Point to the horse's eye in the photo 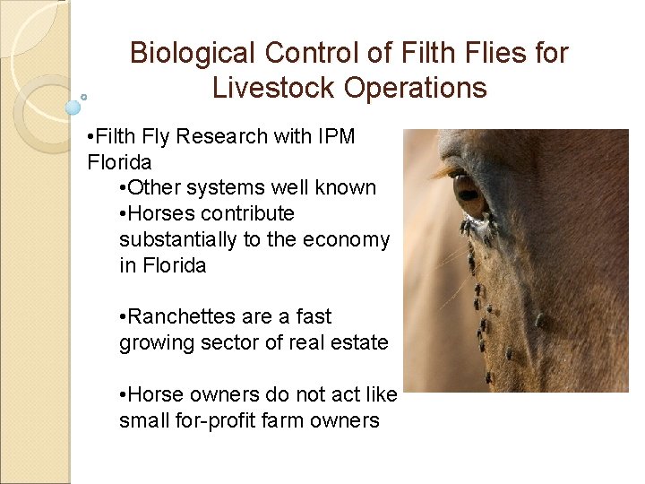[468, 191]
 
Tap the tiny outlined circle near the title [84, 96]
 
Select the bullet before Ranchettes [123, 317]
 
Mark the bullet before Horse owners [123, 395]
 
